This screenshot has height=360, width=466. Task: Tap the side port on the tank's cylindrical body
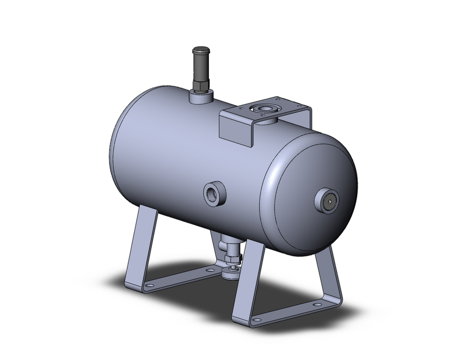(214, 192)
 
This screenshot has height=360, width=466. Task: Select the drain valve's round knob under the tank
(231, 274)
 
